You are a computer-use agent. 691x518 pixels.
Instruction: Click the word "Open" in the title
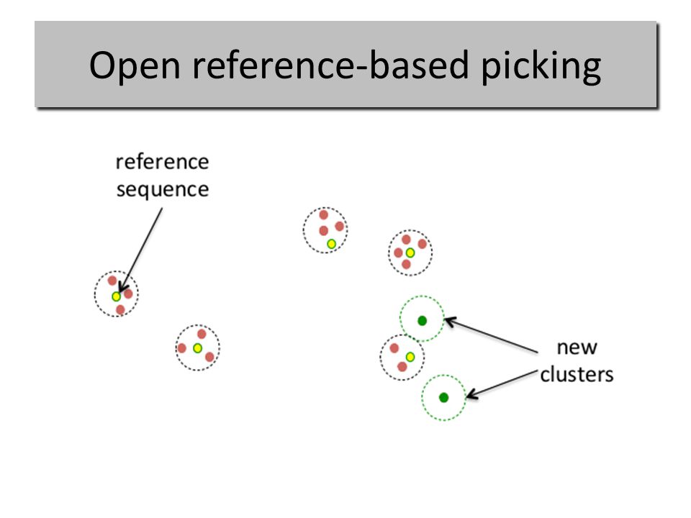135,66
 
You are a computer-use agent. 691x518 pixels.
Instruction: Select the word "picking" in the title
541,66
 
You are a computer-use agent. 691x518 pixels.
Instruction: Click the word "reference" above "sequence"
162,162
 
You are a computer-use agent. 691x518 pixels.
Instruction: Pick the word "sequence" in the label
163,190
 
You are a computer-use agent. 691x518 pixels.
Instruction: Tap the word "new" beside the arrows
577,347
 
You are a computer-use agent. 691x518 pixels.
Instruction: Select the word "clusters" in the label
577,374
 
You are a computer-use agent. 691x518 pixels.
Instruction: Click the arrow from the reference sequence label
141,250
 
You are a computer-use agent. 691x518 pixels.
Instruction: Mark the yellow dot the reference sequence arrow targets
116,296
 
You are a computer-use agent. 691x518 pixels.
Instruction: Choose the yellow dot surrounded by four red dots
410,253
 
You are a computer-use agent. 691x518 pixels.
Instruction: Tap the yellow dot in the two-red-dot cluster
410,357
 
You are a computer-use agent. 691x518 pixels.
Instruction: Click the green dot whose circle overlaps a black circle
423,321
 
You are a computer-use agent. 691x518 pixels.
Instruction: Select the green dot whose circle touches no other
444,397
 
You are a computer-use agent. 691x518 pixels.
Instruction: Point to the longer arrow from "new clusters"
491,335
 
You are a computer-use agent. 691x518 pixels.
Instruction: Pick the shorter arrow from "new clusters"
502,384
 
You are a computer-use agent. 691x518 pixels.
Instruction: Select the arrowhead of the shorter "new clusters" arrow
471,394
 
